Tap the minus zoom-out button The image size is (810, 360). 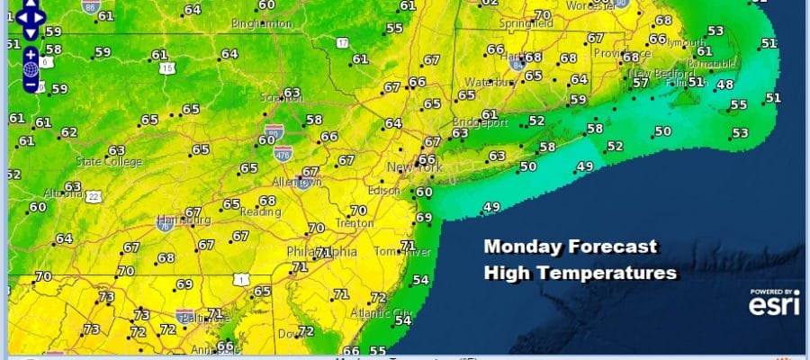[31, 85]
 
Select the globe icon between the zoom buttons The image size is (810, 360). [31, 69]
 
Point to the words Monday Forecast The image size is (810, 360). [571, 247]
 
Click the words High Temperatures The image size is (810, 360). [580, 271]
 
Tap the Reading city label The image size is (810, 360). [261, 211]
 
